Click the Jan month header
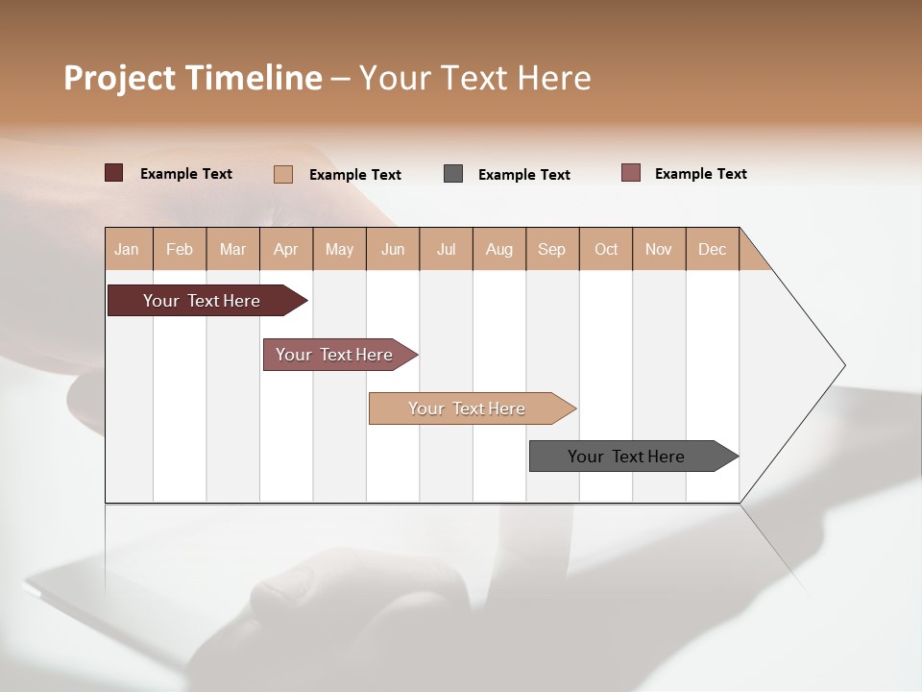pyautogui.click(x=128, y=249)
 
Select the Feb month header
pyautogui.click(x=180, y=249)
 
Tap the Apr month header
pyautogui.click(x=286, y=249)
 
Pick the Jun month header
pyautogui.click(x=393, y=249)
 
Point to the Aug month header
pyautogui.click(x=499, y=249)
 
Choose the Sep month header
pyautogui.click(x=552, y=249)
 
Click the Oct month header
pyautogui.click(x=606, y=249)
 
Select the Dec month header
pyautogui.click(x=713, y=249)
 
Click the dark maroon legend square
pyautogui.click(x=113, y=173)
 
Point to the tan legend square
pyautogui.click(x=283, y=174)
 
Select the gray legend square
pyautogui.click(x=453, y=174)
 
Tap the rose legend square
pyautogui.click(x=631, y=173)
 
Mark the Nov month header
pyautogui.click(x=659, y=249)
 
